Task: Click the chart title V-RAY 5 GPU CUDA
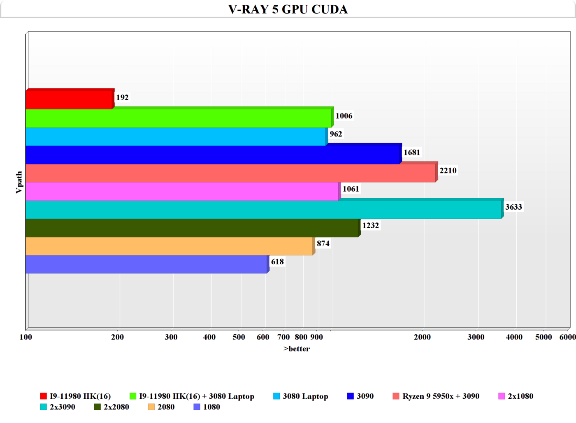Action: click(288, 9)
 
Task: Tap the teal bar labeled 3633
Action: click(263, 210)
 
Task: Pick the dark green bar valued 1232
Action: click(192, 228)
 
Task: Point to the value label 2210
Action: click(448, 171)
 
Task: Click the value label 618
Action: click(277, 262)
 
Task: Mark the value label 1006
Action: click(344, 116)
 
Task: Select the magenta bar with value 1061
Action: click(182, 192)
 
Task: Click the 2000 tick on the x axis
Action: click(422, 337)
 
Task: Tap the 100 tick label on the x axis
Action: click(26, 337)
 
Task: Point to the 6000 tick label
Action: click(567, 337)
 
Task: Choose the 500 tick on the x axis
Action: click(239, 337)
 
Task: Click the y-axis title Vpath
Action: click(19, 183)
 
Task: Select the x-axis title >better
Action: click(297, 349)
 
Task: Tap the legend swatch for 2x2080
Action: click(98, 407)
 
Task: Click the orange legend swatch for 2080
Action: click(151, 407)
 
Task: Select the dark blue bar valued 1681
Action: click(213, 155)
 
